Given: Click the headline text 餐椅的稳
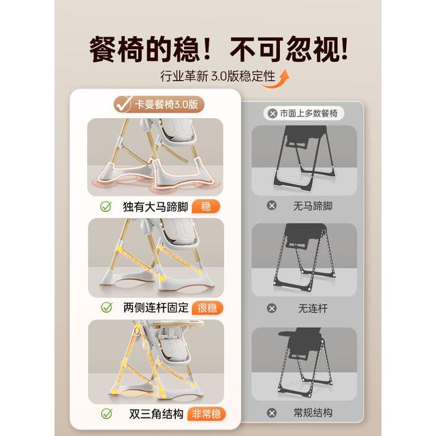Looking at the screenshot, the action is (144, 50).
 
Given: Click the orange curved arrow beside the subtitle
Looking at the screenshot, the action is (277, 80).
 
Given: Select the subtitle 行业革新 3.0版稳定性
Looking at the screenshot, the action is (218, 76).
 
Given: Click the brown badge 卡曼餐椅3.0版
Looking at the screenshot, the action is (159, 104).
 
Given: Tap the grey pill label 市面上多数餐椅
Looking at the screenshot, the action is (304, 114).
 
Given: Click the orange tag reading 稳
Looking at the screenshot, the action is (206, 206).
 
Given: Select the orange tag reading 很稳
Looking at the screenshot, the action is (207, 308).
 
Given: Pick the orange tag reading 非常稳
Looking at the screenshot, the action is (206, 414).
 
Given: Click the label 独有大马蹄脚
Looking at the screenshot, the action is (155, 207).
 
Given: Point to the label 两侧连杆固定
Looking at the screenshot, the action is (156, 308).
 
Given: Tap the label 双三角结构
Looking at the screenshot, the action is (156, 414).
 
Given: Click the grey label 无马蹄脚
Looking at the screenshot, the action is (313, 206).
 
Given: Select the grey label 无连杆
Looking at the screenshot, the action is (313, 309).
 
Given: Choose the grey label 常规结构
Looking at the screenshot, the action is (313, 413).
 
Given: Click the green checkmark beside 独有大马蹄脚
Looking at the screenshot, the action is (106, 206).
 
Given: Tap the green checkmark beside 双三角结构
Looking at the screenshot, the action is (106, 414).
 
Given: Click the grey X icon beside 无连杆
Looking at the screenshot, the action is (272, 309).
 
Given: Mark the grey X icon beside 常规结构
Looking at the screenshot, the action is (272, 413).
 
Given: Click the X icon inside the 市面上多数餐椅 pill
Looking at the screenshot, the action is (272, 114).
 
